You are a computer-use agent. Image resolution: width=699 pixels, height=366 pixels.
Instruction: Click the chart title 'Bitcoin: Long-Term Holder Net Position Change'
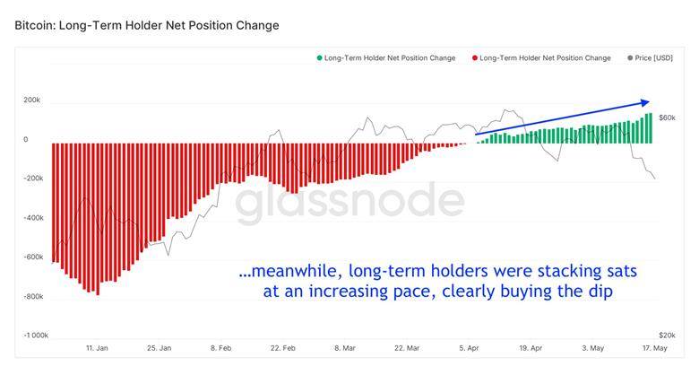147,25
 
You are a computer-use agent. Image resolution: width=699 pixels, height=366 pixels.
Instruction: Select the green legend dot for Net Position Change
319,58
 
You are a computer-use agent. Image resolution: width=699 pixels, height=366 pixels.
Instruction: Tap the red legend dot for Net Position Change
475,58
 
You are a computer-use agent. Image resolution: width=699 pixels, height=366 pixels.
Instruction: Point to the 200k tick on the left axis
31,100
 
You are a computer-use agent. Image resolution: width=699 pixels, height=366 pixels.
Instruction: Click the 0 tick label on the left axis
25,139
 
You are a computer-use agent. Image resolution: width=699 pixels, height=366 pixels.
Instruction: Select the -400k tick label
33,218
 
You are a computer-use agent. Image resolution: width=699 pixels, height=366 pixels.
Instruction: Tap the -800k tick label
33,296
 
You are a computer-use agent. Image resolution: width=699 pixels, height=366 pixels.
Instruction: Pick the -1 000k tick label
36,335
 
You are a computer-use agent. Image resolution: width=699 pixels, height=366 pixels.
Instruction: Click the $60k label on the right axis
667,118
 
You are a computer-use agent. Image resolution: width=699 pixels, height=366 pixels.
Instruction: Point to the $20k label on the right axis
667,335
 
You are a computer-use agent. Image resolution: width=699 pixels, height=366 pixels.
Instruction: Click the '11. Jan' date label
97,348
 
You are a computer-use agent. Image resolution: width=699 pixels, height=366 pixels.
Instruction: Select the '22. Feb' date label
282,348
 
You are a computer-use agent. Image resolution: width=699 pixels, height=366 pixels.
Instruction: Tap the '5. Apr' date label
469,348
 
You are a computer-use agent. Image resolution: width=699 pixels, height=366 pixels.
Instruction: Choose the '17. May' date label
655,348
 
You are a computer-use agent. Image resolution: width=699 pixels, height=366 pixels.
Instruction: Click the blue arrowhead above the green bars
645,102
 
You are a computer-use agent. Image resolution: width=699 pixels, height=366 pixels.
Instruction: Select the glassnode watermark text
349,202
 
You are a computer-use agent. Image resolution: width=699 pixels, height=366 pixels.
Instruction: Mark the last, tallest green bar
651,128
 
